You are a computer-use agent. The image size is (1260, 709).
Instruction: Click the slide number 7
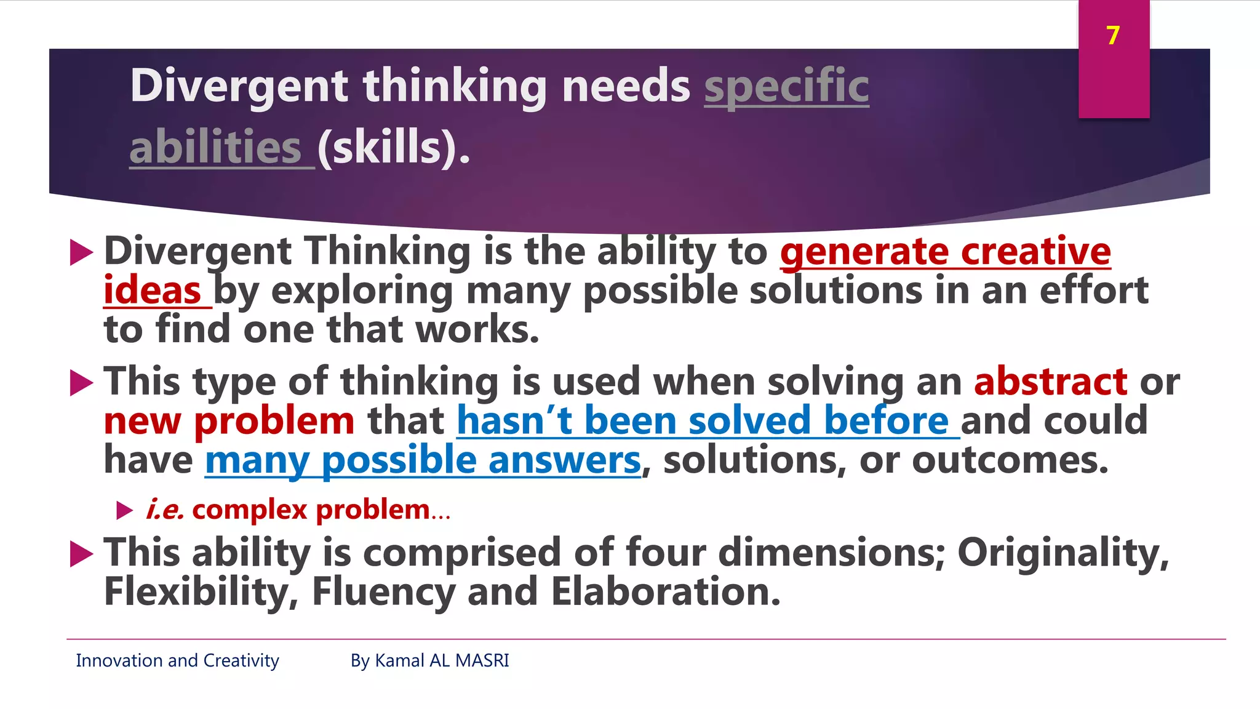[1113, 36]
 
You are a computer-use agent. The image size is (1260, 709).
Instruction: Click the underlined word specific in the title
[786, 86]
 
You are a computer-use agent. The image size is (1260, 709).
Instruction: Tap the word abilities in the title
[215, 148]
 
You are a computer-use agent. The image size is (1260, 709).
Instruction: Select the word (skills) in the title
[393, 148]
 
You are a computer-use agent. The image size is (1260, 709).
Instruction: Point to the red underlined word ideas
[152, 291]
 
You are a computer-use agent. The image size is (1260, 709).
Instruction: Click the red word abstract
[1050, 382]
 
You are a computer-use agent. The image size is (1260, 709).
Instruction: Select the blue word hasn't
[514, 421]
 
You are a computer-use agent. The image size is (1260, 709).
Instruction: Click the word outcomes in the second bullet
[1010, 461]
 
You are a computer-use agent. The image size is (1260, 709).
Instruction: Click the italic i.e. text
[165, 510]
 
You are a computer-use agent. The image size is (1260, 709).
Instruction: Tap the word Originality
[1063, 552]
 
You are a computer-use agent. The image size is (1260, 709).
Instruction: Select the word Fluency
[383, 592]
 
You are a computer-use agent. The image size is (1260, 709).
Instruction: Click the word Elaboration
[665, 592]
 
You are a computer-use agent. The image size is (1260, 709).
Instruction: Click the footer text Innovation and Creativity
[177, 660]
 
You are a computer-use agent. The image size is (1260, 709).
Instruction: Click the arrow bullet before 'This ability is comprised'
[82, 553]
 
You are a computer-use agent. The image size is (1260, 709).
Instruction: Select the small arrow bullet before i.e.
[125, 510]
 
